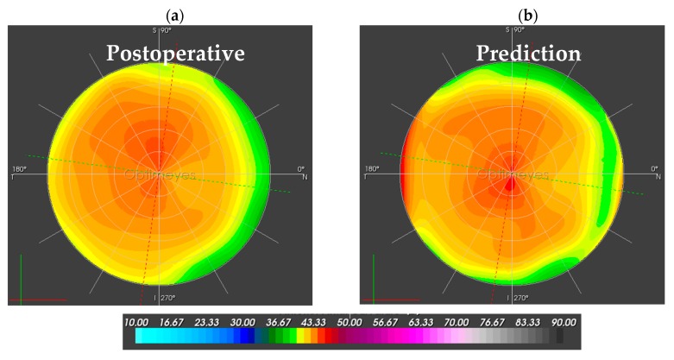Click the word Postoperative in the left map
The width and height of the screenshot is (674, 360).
(x=175, y=54)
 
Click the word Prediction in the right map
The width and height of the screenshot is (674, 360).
(x=528, y=54)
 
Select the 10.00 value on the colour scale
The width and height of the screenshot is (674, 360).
(x=148, y=321)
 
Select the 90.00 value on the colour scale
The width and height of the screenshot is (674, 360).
(x=564, y=321)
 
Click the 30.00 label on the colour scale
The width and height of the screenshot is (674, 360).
(x=252, y=321)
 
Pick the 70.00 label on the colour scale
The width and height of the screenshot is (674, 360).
(x=460, y=321)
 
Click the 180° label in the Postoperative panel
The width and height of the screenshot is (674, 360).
(x=21, y=168)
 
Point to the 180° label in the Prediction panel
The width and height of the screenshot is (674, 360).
(x=373, y=168)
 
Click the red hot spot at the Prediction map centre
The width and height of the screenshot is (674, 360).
(x=509, y=182)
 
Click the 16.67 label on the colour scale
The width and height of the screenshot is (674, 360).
(x=183, y=321)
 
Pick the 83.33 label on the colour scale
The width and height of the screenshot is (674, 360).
(x=529, y=321)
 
